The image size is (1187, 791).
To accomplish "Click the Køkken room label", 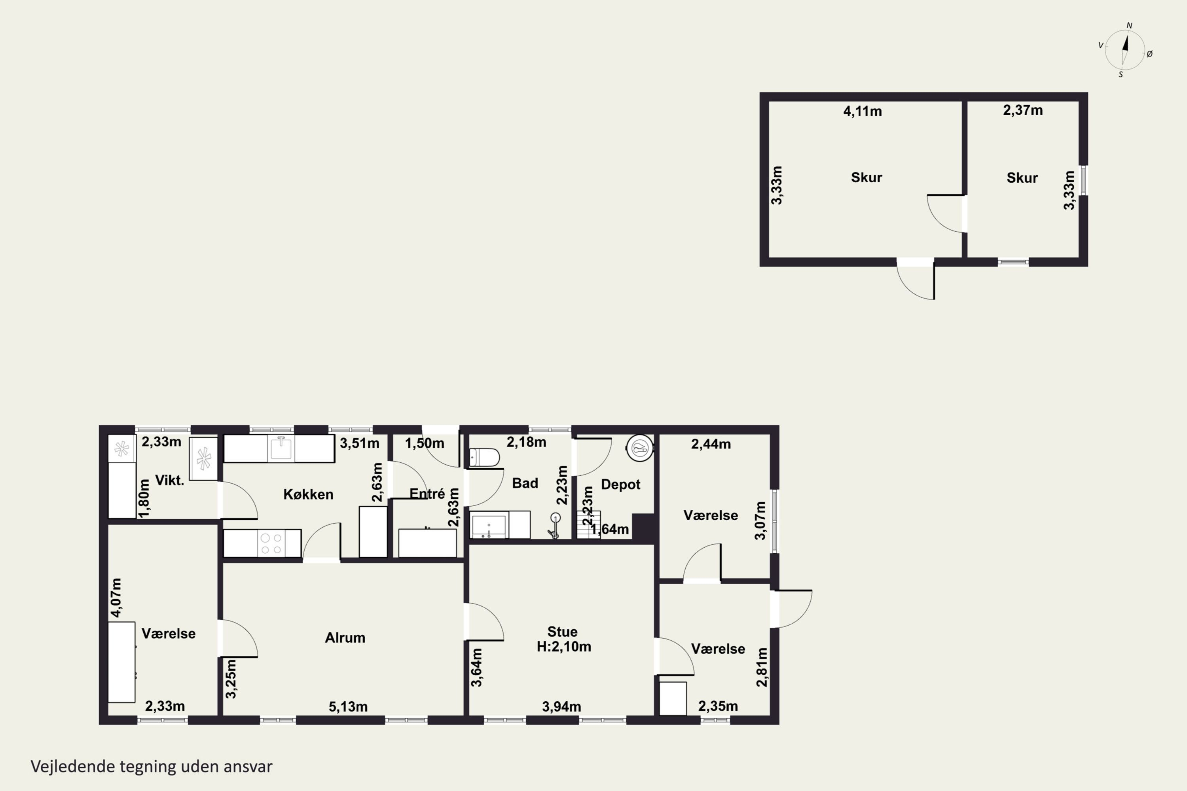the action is coord(308,494).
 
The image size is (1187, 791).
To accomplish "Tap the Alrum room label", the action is coord(345,638).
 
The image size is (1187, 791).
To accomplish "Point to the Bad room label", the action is coord(525,483).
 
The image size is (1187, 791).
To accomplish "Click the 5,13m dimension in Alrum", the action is coord(348,707).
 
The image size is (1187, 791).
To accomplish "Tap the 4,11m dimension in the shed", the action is coord(863,112).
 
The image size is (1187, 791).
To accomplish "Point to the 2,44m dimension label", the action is coord(711,444).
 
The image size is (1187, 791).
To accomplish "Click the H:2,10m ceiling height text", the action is coord(564,647).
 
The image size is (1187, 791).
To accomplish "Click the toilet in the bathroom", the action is coord(484,458).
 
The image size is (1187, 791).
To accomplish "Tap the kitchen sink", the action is coord(281,448).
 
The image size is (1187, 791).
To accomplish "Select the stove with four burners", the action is coord(271,543).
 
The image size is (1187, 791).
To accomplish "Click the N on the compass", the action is coord(1130,26).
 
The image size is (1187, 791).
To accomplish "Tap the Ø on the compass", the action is coord(1150,54).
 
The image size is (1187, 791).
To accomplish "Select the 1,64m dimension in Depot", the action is coord(610,529).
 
